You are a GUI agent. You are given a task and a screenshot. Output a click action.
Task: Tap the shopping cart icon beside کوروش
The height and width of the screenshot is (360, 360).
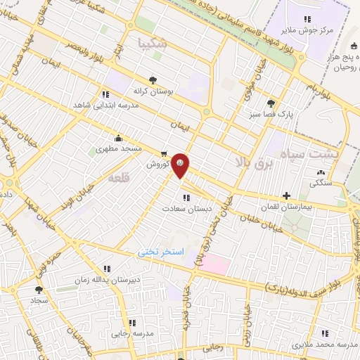[163, 154]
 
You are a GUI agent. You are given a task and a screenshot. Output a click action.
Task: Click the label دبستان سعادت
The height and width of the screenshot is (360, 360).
[186, 209]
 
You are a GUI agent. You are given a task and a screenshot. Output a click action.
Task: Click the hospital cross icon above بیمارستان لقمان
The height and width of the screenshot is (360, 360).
[286, 195]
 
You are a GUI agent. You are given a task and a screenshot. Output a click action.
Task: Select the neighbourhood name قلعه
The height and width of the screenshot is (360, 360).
[117, 179]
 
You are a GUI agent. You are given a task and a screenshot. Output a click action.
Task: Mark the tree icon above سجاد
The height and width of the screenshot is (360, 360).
[39, 289]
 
